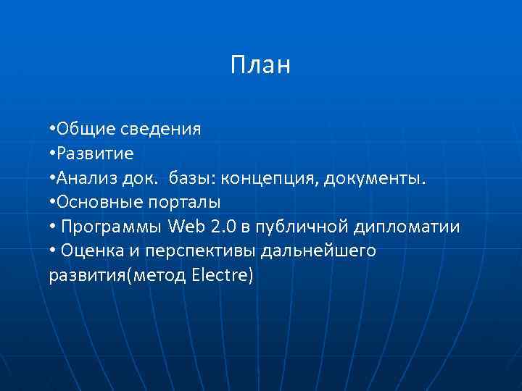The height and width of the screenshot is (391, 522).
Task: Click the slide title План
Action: point(260,65)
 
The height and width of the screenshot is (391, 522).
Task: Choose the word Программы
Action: point(112,227)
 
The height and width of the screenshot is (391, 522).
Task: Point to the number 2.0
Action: point(223,227)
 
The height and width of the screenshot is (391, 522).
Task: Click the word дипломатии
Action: point(407,227)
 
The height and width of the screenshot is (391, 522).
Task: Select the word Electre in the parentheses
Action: point(220,275)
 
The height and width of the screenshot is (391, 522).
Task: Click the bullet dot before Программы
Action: point(53,227)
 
